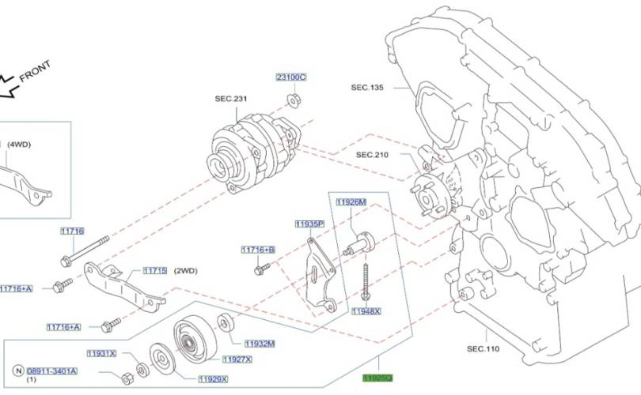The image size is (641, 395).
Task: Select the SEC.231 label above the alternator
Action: (x=231, y=99)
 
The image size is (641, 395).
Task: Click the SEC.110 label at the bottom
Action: (x=483, y=348)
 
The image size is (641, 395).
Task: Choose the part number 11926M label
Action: (x=351, y=202)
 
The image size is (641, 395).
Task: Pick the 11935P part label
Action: (x=309, y=224)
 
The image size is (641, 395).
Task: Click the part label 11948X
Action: (x=366, y=311)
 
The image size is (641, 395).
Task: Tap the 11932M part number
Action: (x=260, y=344)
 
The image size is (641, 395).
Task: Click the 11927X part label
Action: (x=237, y=359)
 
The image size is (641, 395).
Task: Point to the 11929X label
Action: (x=212, y=379)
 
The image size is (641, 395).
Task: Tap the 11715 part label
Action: (x=154, y=271)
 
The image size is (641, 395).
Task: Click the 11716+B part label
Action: (x=258, y=250)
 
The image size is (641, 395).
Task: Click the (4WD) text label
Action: (x=19, y=145)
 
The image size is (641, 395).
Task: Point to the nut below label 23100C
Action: (x=291, y=100)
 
